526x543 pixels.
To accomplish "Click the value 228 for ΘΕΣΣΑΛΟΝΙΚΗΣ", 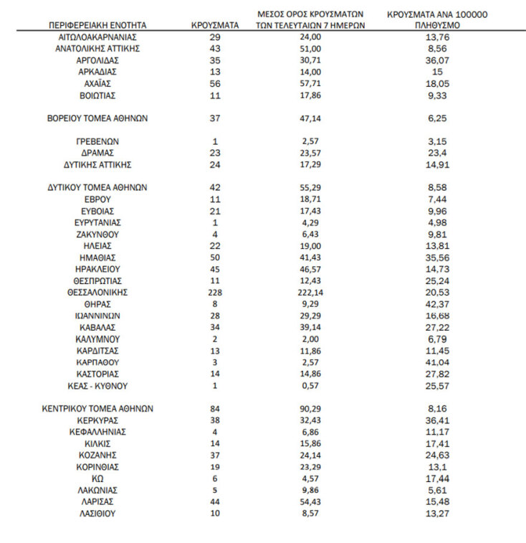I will (x=214, y=292).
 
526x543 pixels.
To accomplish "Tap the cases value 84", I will (x=214, y=408).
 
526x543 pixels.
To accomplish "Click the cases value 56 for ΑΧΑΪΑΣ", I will (x=214, y=82).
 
